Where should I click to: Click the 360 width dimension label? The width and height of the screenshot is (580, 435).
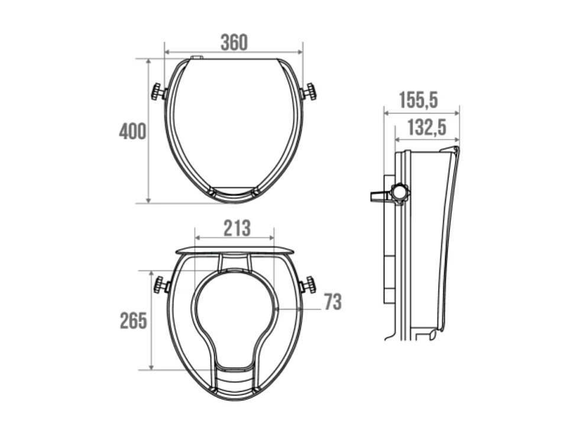coord(234,43)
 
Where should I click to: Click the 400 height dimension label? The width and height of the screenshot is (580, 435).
coord(132,131)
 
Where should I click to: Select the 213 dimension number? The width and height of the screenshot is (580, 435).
coord(236,228)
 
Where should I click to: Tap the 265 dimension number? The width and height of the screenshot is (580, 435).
coord(133,321)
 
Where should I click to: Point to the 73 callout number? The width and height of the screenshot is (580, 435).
coord(332,302)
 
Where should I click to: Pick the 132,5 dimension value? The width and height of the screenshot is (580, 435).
coord(426,127)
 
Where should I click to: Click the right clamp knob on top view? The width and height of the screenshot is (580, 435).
coord(309,92)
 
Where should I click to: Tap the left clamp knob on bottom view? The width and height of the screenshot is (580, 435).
coord(161,285)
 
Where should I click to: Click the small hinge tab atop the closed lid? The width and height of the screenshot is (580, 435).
coord(197,57)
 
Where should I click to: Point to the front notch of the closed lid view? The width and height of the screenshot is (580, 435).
coord(234,192)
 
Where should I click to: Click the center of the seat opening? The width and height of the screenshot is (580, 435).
coord(234,308)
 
